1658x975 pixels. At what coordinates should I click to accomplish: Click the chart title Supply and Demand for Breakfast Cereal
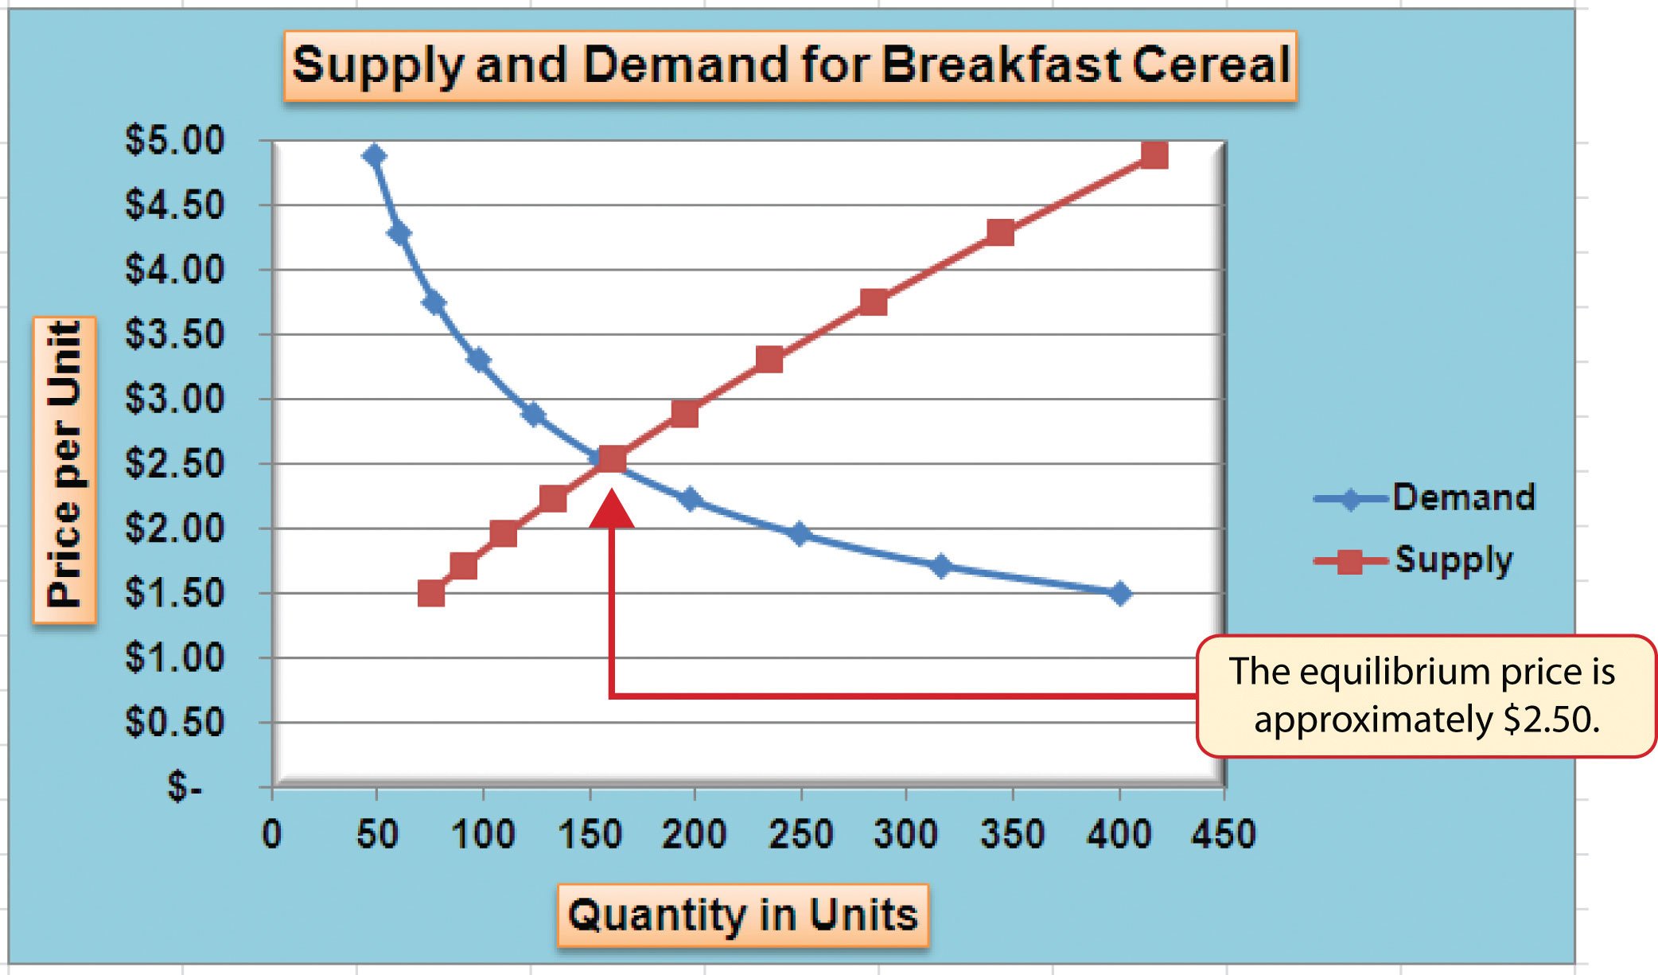click(x=790, y=65)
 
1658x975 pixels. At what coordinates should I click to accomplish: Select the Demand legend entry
click(x=1424, y=498)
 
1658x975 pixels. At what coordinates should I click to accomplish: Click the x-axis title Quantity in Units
click(x=742, y=915)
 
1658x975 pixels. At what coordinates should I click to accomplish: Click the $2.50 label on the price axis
click(x=175, y=463)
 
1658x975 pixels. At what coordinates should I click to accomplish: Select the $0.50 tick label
click(x=175, y=722)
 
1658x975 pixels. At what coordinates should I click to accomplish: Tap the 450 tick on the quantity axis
click(x=1223, y=834)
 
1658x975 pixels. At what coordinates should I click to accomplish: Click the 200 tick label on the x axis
click(x=694, y=834)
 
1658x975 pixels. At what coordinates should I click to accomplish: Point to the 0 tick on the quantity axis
click(x=272, y=834)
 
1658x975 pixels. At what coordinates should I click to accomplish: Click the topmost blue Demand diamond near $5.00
click(x=375, y=156)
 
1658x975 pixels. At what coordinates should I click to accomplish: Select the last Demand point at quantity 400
click(x=1119, y=594)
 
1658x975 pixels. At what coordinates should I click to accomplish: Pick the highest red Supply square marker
click(x=1154, y=155)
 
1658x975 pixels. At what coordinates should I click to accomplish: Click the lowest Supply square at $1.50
click(x=431, y=594)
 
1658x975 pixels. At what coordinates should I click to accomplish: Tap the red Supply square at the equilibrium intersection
click(x=612, y=459)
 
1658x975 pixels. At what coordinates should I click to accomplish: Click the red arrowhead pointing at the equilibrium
click(x=612, y=511)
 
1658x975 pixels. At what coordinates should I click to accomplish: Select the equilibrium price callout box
click(x=1426, y=696)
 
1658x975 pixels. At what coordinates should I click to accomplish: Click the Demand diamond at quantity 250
click(x=800, y=534)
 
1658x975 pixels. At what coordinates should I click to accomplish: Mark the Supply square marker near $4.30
click(x=1000, y=233)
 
